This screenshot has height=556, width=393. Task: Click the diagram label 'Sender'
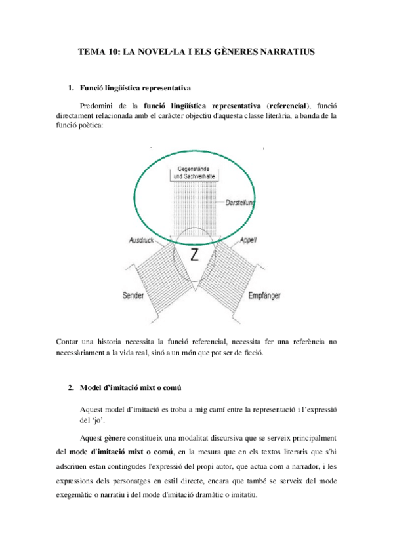click(134, 296)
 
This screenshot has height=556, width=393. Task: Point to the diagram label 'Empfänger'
click(265, 296)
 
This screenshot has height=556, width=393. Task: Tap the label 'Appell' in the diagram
click(248, 240)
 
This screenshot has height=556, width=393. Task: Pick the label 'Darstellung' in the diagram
click(240, 202)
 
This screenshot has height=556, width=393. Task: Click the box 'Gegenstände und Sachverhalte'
click(195, 173)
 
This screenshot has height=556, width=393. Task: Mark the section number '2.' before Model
click(72, 387)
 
